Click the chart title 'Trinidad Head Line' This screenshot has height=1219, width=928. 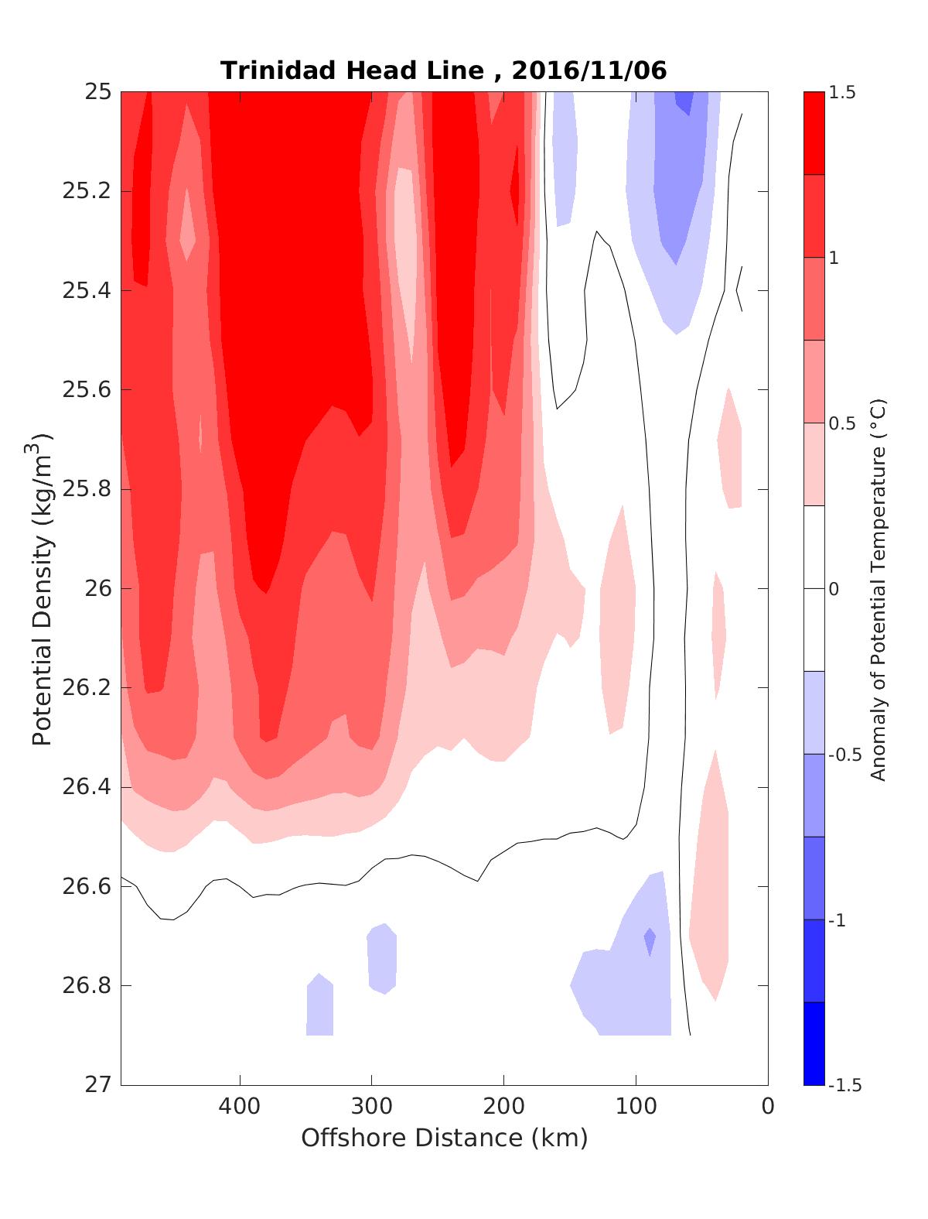pos(352,70)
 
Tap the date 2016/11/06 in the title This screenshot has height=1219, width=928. pos(589,70)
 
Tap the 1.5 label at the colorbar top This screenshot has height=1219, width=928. pos(842,93)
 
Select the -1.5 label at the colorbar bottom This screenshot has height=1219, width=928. pos(844,1084)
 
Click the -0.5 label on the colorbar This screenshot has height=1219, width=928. pos(844,755)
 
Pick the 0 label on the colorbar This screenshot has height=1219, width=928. pos(834,589)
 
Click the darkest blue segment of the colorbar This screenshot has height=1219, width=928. pos(814,1043)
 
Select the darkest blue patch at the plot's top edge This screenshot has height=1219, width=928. pos(684,101)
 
